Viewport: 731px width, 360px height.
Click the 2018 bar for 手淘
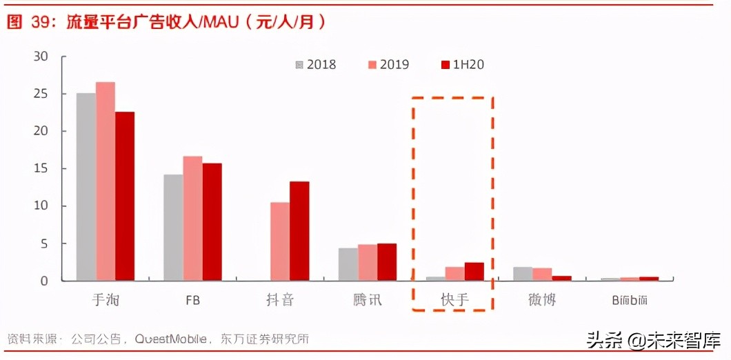[x=86, y=187]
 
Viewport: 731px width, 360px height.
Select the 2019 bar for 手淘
[x=106, y=181]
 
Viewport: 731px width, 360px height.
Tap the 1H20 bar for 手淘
[x=125, y=197]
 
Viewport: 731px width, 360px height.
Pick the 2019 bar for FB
[x=192, y=219]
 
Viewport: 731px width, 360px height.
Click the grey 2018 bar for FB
[x=173, y=228]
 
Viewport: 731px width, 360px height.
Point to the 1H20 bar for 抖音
[x=299, y=231]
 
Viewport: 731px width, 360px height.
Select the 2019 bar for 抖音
[x=280, y=241]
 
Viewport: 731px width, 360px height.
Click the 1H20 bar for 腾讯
[x=387, y=262]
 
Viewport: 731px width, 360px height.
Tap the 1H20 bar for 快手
[x=474, y=272]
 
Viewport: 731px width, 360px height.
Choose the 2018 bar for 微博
[x=523, y=274]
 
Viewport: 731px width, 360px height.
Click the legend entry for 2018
[x=316, y=65]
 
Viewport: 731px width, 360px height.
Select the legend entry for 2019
[x=388, y=65]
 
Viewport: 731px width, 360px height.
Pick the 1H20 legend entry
[x=462, y=65]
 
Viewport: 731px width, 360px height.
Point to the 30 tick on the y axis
[x=41, y=57]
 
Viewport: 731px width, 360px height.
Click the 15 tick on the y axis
[x=41, y=169]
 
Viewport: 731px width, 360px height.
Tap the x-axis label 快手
[x=454, y=300]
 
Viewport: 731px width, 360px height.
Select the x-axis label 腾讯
[x=367, y=300]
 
